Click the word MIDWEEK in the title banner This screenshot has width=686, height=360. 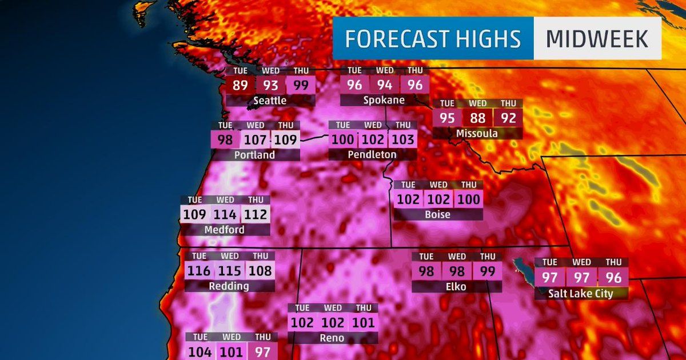(597, 39)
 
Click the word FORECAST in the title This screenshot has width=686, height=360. (386, 39)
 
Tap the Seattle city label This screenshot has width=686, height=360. (270, 101)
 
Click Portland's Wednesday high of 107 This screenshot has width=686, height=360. (256, 139)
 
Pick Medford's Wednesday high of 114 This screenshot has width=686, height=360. (225, 214)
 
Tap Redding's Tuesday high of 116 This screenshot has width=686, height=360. (199, 270)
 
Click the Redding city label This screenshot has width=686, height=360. (229, 286)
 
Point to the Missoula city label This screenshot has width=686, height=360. (477, 134)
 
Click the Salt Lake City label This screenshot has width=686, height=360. (581, 294)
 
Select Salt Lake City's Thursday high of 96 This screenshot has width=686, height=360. (613, 278)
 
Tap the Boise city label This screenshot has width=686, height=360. (438, 215)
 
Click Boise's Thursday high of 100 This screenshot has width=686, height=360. (468, 200)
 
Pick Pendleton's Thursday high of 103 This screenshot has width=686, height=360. (402, 139)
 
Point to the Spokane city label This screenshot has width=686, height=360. (384, 100)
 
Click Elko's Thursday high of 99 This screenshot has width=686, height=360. (487, 271)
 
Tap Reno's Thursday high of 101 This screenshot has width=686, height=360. (363, 322)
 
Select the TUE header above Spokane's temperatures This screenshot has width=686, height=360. (354, 70)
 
